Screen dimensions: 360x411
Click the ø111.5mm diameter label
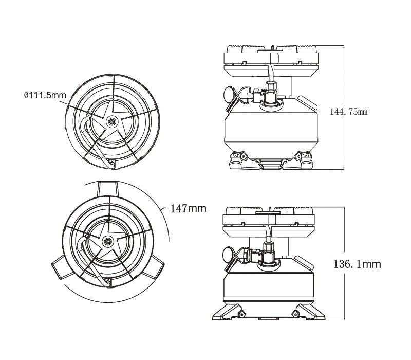(x=45, y=95)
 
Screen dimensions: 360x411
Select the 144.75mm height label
(x=350, y=111)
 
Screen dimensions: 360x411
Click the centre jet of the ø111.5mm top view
(x=111, y=122)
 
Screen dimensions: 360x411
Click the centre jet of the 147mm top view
(x=108, y=241)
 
